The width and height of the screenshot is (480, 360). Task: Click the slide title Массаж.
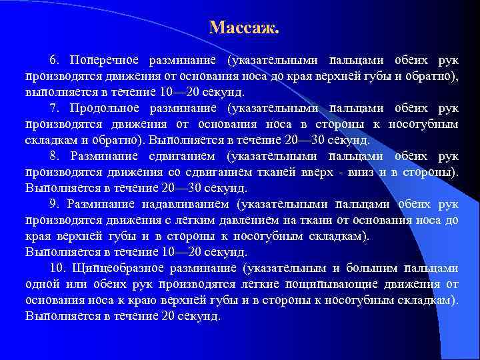[x=244, y=28]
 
